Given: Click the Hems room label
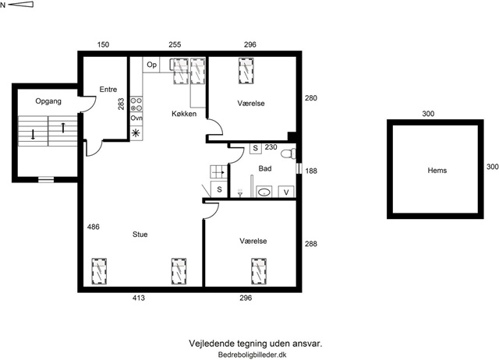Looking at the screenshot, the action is (437, 171).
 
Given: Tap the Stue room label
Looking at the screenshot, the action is (140, 235).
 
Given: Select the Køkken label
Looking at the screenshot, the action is (184, 114).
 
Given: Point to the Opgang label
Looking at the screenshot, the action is (48, 101).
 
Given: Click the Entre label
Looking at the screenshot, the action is (108, 90).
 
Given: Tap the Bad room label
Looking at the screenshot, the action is (265, 168).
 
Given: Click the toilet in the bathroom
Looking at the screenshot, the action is (288, 154).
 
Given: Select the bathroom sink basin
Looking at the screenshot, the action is (264, 192).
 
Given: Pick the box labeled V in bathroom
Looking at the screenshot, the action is (286, 192).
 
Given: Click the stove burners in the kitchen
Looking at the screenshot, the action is (136, 104).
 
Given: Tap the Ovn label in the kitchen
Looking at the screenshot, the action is (136, 118).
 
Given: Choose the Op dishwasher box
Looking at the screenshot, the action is (151, 65).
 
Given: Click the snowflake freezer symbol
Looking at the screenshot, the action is (136, 133).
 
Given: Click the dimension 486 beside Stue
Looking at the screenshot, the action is (94, 227).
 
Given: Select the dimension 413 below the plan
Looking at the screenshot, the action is (139, 298).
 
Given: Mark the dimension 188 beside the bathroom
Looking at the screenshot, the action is (311, 171).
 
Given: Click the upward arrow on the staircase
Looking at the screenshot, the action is (63, 128).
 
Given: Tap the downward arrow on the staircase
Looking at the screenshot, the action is (33, 134).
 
